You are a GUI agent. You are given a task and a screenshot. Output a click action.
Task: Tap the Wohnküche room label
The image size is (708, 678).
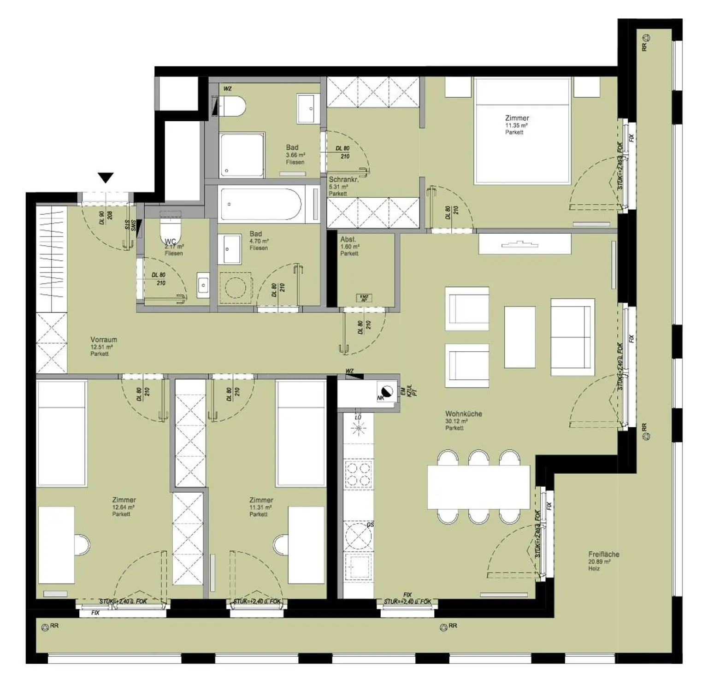tap(463, 414)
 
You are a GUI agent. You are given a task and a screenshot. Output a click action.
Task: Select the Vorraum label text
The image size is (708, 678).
tap(104, 340)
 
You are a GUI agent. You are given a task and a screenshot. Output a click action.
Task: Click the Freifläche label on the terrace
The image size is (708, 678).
tap(603, 554)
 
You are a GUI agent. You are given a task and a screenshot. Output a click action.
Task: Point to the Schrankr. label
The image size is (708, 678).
tap(343, 180)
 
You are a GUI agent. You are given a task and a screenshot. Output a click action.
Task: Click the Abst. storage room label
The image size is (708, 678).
tap(348, 240)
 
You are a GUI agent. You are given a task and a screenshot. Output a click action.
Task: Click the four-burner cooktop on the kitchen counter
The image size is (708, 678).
tap(358, 474)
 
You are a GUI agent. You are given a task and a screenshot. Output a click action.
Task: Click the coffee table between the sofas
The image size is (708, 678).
tap(519, 336)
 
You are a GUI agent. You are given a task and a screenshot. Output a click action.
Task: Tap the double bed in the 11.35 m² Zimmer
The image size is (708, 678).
tap(522, 130)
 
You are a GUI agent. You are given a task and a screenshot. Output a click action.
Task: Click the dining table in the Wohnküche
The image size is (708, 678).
tap(478, 487)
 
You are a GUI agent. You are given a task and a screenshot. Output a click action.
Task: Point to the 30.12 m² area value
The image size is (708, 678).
tap(456, 421)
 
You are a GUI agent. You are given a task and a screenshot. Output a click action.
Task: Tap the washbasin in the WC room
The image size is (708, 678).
tap(203, 284)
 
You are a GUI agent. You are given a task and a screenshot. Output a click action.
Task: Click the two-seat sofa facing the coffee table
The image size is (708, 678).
tap(572, 336)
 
